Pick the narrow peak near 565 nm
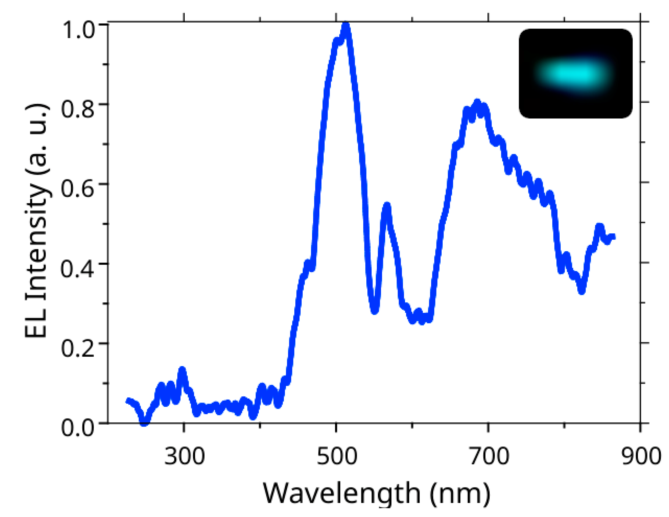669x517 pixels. click(x=387, y=206)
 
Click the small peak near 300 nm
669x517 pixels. click(x=182, y=371)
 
